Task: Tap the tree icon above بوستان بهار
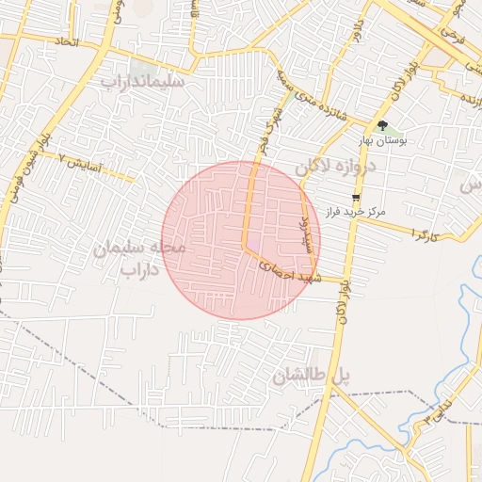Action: (x=381, y=125)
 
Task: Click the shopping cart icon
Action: (x=355, y=197)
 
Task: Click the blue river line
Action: (x=465, y=311)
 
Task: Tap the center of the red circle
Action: (x=241, y=240)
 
